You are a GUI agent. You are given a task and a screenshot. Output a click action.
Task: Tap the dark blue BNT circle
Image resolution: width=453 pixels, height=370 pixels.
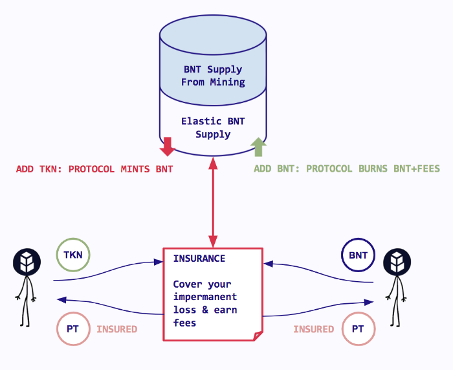pos(358,255)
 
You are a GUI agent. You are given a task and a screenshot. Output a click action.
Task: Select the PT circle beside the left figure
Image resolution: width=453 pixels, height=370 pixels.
pos(72,329)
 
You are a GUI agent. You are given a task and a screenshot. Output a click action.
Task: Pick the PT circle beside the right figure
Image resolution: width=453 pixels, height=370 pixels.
pos(358,329)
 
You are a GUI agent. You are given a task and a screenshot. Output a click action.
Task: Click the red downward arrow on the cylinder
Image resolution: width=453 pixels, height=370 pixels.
pos(168,146)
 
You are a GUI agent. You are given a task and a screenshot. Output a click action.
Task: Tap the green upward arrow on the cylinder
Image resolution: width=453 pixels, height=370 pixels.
pos(259,147)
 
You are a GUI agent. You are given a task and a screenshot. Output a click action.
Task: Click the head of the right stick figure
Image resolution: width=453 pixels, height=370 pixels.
pos(397,263)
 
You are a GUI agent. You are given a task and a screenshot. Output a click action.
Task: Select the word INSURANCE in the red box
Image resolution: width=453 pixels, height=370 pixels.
pos(199,259)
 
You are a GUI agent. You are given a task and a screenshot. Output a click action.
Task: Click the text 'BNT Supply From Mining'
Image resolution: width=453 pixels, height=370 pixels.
pos(213,76)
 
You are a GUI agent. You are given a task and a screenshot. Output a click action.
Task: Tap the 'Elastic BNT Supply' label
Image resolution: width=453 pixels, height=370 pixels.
pos(213,128)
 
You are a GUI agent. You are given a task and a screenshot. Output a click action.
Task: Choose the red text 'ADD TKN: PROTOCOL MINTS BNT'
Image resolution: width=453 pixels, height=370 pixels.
pos(94,169)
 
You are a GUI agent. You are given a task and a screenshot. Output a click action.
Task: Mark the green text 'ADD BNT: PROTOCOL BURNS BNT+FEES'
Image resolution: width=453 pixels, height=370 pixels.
pos(347,169)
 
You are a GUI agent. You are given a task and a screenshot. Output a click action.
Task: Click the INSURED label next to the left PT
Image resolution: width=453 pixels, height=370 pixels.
pos(117,329)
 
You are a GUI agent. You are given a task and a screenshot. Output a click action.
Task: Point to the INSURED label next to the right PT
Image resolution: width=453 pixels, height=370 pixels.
pos(314,329)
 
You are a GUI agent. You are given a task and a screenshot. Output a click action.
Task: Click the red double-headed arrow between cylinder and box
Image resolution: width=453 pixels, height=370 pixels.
pos(212,201)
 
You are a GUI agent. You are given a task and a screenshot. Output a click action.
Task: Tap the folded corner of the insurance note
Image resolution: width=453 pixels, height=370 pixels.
pos(257,336)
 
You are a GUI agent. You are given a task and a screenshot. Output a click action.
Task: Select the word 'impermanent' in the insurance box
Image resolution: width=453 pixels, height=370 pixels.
pos(204,297)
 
